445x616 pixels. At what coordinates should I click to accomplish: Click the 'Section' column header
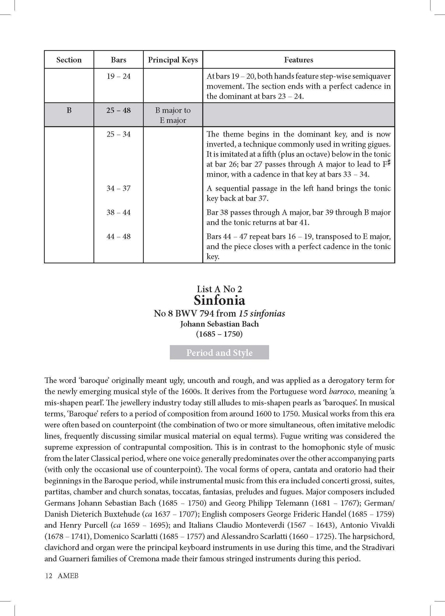tap(69, 60)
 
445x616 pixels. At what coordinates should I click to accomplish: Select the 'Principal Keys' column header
tap(173, 60)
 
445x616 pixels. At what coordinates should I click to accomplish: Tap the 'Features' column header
tap(298, 60)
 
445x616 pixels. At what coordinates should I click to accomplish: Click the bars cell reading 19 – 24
tap(118, 76)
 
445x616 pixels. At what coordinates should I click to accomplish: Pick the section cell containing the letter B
tap(69, 110)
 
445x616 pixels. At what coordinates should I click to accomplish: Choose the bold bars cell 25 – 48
tap(118, 110)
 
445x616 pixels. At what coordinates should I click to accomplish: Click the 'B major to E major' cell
tap(173, 115)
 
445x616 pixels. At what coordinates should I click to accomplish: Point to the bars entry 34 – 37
tap(118, 188)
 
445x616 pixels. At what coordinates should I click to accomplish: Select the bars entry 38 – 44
tap(118, 212)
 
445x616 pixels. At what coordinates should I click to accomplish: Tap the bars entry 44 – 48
tap(118, 236)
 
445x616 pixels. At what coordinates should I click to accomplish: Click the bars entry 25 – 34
tap(118, 134)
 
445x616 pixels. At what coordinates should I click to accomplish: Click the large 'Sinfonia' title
tap(220, 300)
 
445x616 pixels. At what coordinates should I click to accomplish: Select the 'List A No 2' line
tap(220, 289)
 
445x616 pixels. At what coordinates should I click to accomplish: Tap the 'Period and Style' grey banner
tap(220, 353)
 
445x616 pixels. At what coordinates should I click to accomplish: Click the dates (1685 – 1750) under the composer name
tap(220, 334)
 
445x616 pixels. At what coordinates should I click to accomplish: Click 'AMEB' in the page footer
tap(68, 576)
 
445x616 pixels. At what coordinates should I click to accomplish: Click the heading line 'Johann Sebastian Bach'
tap(220, 324)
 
